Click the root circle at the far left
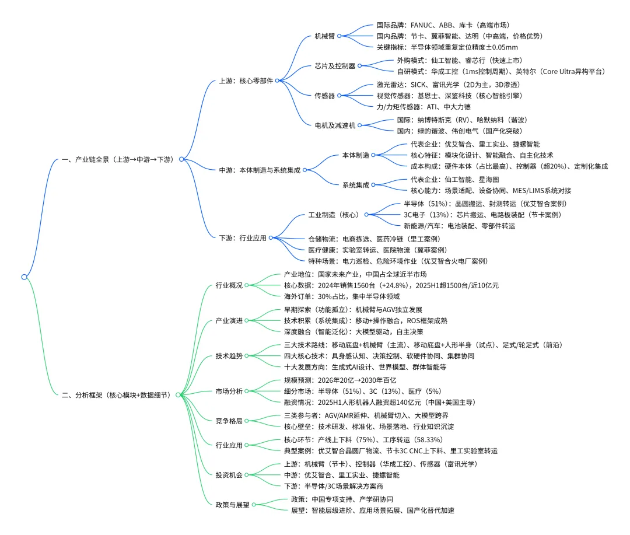click(x=24, y=277)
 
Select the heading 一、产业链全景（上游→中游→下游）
click(x=118, y=159)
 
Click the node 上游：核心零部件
click(x=246, y=81)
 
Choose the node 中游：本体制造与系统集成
click(x=259, y=170)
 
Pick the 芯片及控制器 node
click(x=334, y=66)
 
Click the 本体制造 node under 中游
click(x=355, y=155)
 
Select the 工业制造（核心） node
click(x=333, y=215)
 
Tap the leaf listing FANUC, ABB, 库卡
click(x=443, y=25)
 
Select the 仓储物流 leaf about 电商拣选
click(x=374, y=239)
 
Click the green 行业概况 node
click(x=229, y=285)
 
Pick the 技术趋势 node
click(x=229, y=355)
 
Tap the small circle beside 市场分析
click(x=247, y=391)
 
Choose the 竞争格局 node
click(x=229, y=420)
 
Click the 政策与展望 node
click(x=232, y=505)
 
